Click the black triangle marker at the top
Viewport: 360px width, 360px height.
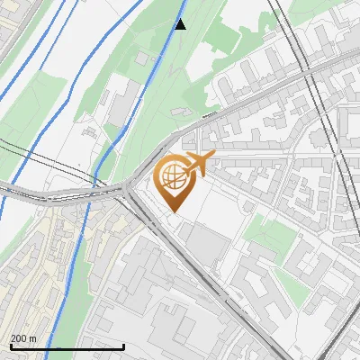coord(180,24)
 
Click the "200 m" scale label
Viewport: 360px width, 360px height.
coord(23,338)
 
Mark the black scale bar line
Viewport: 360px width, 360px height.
coord(67,346)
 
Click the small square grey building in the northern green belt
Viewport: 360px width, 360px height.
coord(141,58)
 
